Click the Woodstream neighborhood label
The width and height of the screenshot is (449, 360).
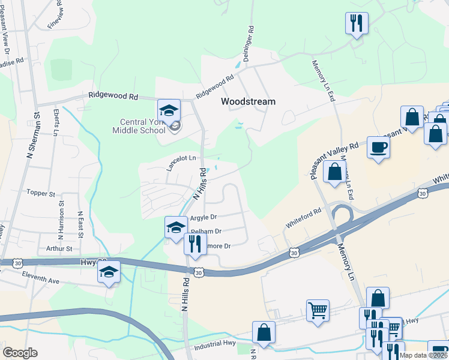click(248, 101)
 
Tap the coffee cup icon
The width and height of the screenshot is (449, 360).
click(378, 147)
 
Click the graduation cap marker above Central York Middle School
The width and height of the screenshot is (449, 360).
click(169, 110)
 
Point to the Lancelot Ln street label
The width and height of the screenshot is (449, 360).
click(181, 158)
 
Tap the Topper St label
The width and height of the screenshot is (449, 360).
click(41, 194)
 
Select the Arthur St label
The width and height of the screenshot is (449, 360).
click(59, 248)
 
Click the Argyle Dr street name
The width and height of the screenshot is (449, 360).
click(203, 218)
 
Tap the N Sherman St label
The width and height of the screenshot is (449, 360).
click(29, 136)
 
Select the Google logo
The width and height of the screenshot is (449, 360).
click(20, 353)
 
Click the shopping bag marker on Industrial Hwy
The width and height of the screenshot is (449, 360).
click(264, 332)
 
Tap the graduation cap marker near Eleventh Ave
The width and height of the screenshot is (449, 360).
click(108, 273)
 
